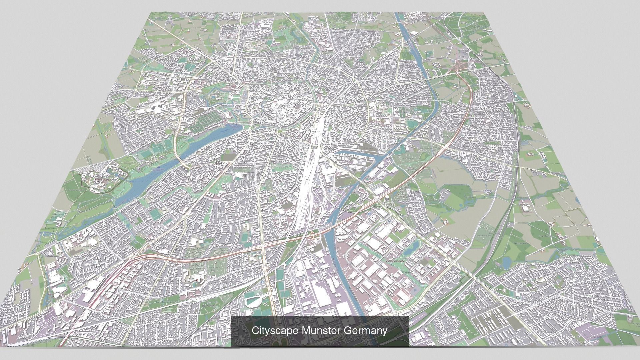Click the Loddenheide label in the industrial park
coord(395,261)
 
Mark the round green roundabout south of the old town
coord(279,132)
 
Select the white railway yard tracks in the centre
coord(308,187)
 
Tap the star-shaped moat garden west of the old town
coord(213,97)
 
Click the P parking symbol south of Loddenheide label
coord(415,291)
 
